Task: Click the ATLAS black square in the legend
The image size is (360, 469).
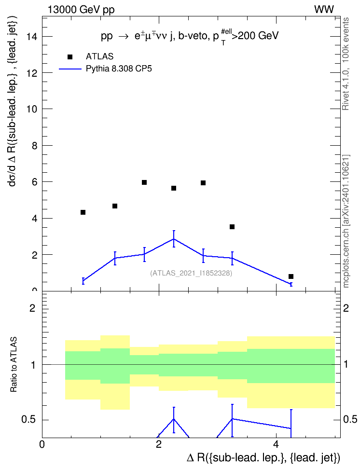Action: tap(70, 57)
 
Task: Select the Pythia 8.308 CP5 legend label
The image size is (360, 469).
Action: tap(119, 69)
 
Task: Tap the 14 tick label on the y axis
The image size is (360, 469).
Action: tap(31, 37)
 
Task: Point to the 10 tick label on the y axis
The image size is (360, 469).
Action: tap(31, 109)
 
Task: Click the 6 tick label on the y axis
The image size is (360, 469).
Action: tap(34, 182)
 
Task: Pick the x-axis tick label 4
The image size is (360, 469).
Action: tap(276, 444)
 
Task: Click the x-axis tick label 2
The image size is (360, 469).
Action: tap(159, 444)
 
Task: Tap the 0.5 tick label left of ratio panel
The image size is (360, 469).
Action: tap(28, 420)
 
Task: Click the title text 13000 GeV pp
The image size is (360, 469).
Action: tap(81, 10)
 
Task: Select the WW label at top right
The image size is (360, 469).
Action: tap(324, 10)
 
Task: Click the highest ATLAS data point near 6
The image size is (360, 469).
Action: tap(144, 182)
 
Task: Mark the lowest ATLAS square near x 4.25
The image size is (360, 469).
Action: tap(291, 276)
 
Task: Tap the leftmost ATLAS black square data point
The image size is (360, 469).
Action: tap(83, 212)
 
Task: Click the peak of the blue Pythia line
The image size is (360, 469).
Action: tap(174, 239)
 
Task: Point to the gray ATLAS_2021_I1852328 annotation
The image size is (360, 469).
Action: tap(191, 273)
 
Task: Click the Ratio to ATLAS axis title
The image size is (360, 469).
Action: tap(14, 364)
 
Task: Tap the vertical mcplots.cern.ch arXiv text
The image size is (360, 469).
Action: tap(346, 221)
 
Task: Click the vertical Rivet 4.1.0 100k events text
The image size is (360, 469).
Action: tap(346, 64)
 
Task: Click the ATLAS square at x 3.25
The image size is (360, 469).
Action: tap(232, 227)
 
